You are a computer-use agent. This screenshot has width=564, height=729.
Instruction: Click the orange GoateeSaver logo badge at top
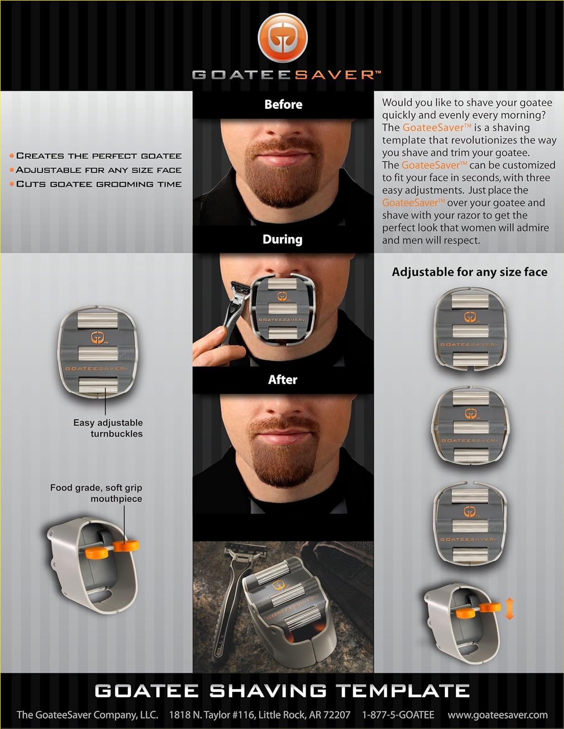point(283,37)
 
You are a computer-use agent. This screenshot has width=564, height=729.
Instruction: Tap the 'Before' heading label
point(283,104)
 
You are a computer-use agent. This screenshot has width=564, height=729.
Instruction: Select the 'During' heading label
point(283,239)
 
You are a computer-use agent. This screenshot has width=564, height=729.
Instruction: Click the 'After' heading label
point(283,380)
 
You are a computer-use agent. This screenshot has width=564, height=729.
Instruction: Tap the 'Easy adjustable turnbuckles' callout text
point(108,428)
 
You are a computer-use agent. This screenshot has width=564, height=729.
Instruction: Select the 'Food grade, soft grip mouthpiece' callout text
point(96,493)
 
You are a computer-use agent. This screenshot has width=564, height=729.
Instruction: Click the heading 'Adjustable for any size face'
point(470,272)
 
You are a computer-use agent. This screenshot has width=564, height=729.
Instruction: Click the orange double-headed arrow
point(509,608)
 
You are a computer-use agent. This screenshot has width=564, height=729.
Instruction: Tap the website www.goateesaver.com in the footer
point(497,714)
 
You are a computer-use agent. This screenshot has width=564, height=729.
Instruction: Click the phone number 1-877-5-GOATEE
point(398,714)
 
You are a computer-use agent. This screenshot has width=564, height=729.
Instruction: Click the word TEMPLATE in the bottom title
point(402,691)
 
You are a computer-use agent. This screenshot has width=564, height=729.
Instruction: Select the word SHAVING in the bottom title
point(268,691)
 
